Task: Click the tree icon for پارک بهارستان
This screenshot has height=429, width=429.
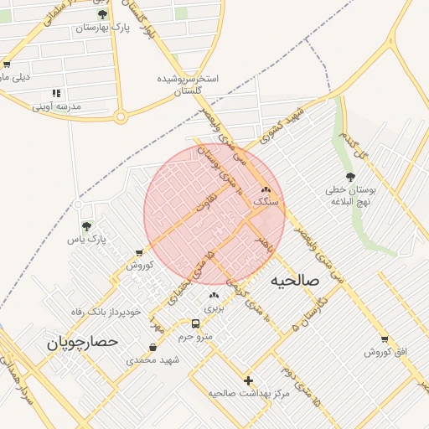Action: pyautogui.click(x=102, y=14)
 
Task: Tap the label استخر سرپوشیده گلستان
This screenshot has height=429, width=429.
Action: pyautogui.click(x=189, y=85)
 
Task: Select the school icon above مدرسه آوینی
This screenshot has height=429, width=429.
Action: pyautogui.click(x=56, y=93)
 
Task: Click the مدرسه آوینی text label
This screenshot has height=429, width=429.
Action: pyautogui.click(x=57, y=106)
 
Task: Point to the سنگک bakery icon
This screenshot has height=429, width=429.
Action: pyautogui.click(x=266, y=191)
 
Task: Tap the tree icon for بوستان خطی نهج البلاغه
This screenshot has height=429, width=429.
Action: pyautogui.click(x=350, y=177)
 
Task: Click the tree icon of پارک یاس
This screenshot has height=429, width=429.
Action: pyautogui.click(x=86, y=225)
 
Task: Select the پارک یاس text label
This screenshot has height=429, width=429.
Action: pyautogui.click(x=89, y=240)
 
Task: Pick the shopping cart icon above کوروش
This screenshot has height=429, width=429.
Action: pyautogui.click(x=138, y=252)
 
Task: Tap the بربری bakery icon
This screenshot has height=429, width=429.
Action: pyautogui.click(x=213, y=295)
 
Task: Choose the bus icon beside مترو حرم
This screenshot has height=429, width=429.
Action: pyautogui.click(x=195, y=323)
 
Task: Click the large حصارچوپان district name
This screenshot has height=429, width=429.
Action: pyautogui.click(x=82, y=342)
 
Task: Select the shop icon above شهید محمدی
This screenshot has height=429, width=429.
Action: pyautogui.click(x=152, y=347)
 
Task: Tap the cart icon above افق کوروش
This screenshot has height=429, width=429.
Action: pyautogui.click(x=385, y=339)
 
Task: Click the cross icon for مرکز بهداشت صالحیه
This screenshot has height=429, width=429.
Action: pyautogui.click(x=248, y=380)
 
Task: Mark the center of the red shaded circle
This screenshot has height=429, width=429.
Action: pyautogui.click(x=214, y=214)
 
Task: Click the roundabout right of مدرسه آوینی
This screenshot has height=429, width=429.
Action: pyautogui.click(x=120, y=116)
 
